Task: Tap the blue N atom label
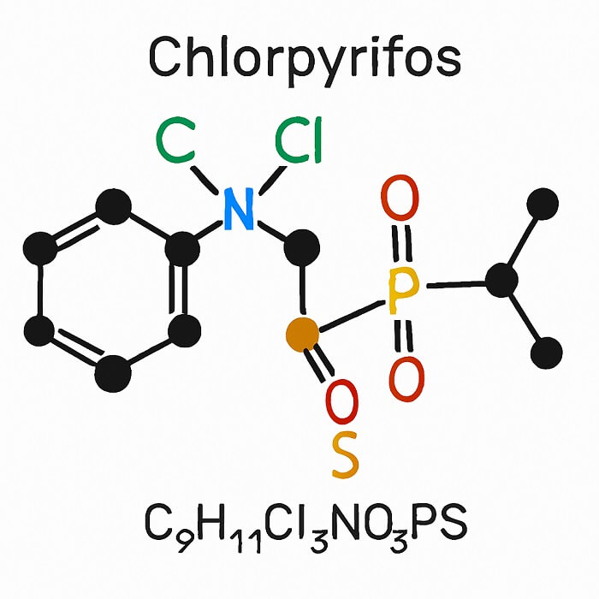pos(238,211)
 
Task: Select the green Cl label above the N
pos(299,143)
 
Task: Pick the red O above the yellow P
pos(400,199)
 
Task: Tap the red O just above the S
pos(342,402)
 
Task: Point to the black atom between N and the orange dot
pos(301,247)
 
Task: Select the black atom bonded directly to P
pos(502,281)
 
